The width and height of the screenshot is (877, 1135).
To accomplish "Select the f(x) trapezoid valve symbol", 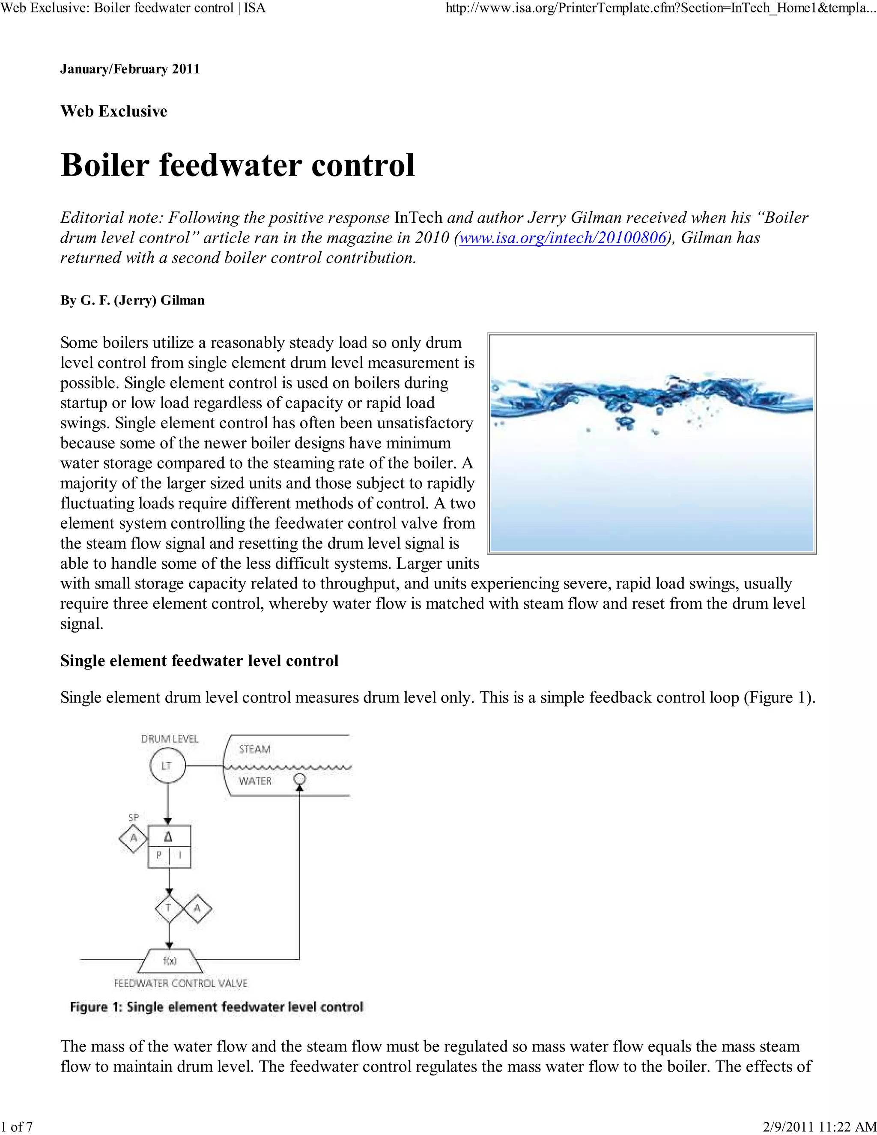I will [x=170, y=961].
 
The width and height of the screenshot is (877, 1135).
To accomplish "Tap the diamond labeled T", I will [x=169, y=908].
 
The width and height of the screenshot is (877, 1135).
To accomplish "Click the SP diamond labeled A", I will [x=134, y=838].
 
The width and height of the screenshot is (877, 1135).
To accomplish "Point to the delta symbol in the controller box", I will [x=169, y=837].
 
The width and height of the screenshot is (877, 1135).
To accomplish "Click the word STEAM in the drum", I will [x=255, y=749].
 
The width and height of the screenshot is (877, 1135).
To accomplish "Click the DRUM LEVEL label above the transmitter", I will [x=170, y=738].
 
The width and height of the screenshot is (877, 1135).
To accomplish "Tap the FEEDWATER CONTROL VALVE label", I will [x=180, y=983].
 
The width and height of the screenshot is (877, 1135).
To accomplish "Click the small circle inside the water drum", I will [x=299, y=779].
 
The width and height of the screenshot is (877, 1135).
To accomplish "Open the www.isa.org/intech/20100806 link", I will [x=562, y=238].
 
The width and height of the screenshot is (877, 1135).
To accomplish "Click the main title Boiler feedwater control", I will [x=237, y=165].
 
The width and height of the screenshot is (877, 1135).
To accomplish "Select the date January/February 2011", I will [x=130, y=69].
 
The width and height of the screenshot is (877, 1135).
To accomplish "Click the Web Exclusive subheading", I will [x=114, y=111].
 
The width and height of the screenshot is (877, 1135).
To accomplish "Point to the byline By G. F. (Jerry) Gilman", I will [x=132, y=300].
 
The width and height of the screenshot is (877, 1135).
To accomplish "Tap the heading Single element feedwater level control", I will [x=200, y=660].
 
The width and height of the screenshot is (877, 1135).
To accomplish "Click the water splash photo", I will [x=651, y=443].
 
